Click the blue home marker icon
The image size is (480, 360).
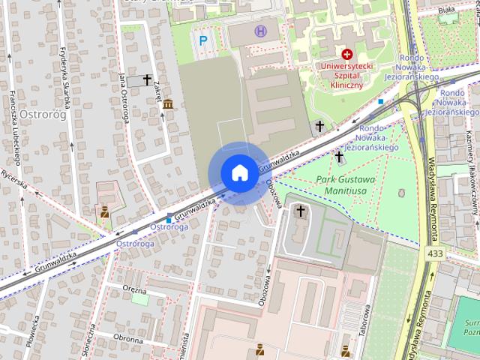[x=238, y=172]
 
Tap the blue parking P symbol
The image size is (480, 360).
[x=202, y=40]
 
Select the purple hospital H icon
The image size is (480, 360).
[x=260, y=31]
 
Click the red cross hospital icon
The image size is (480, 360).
[x=347, y=54]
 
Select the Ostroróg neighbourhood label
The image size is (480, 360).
[x=43, y=115]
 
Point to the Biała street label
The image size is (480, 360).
[x=446, y=10]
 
